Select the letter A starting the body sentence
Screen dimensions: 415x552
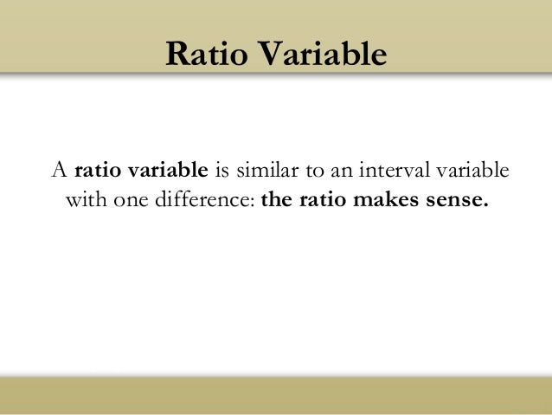coord(60,169)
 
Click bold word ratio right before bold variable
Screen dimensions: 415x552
coord(99,169)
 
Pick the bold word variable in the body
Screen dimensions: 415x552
coord(171,169)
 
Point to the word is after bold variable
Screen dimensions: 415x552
coord(220,169)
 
